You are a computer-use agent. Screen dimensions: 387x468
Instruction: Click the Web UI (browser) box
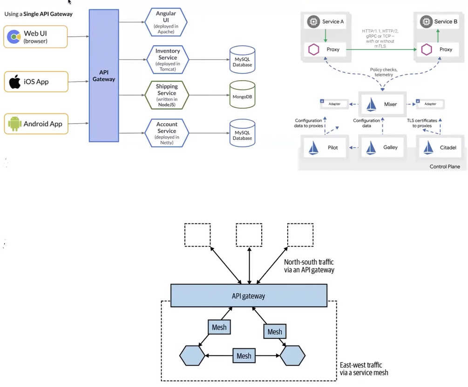(x=36, y=37)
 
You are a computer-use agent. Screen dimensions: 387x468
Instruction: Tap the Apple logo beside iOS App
(x=15, y=82)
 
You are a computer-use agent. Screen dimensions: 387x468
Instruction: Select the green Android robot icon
(x=14, y=124)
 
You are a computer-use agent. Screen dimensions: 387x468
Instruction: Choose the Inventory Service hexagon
(x=166, y=58)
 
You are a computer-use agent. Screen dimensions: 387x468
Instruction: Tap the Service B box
(x=438, y=21)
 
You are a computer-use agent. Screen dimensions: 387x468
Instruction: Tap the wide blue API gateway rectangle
(x=248, y=296)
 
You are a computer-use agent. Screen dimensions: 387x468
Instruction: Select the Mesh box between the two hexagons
(x=244, y=356)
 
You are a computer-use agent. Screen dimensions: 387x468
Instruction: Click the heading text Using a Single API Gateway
(x=39, y=14)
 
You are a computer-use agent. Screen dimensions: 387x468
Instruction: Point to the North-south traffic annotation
(x=309, y=266)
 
